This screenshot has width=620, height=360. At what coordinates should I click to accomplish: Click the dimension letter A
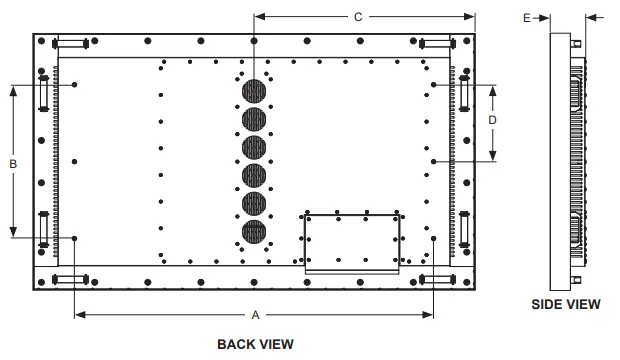[255, 315]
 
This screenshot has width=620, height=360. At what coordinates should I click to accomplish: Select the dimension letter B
[13, 164]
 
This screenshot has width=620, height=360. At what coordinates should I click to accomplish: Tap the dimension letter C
[358, 17]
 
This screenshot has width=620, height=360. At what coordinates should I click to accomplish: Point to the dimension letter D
[492, 120]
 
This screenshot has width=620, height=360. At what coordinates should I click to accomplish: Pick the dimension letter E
[527, 18]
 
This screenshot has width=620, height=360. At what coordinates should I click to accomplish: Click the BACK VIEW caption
[255, 344]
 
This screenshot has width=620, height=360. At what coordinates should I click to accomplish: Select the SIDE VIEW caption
[566, 304]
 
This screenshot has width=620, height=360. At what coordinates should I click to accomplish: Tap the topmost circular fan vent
[254, 91]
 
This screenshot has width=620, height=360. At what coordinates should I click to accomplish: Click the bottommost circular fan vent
[254, 232]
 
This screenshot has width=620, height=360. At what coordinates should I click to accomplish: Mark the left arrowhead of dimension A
[80, 315]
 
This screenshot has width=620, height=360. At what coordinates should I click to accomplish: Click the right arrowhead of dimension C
[470, 17]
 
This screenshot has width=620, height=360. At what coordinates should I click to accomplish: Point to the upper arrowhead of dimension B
[13, 91]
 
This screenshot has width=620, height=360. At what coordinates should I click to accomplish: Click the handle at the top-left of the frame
[70, 44]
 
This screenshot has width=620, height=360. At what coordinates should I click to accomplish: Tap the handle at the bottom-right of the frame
[437, 280]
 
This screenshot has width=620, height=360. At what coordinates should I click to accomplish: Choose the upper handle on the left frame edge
[43, 93]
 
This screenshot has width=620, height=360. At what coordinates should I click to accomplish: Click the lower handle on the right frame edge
[464, 229]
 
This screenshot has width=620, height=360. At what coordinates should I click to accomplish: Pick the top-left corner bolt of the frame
[42, 41]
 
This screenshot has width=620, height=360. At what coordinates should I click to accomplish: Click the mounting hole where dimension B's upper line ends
[74, 85]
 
